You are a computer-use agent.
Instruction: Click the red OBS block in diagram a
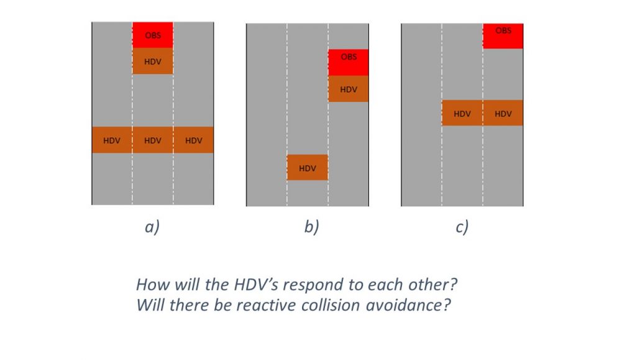[152, 35]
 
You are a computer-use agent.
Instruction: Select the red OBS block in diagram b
[349, 62]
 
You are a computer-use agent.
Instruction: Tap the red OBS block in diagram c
[503, 35]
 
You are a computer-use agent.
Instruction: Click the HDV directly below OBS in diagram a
[152, 62]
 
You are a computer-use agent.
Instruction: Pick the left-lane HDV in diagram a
[112, 140]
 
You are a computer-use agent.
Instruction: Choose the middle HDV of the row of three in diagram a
[152, 140]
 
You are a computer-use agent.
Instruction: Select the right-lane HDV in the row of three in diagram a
[193, 140]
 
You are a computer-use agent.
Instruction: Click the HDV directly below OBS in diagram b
[349, 89]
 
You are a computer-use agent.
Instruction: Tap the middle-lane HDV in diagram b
[307, 168]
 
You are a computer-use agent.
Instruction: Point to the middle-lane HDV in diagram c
[462, 113]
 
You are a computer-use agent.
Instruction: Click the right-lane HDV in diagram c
[503, 113]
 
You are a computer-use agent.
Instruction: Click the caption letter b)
[311, 227]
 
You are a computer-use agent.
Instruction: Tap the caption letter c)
[462, 227]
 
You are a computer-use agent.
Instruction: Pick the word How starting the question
[150, 285]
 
